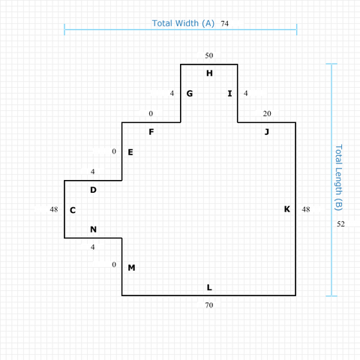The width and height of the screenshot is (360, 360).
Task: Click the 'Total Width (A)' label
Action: pos(183,23)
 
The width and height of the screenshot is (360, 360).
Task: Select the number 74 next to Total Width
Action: pos(224,23)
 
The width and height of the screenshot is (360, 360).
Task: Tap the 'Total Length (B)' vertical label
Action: pos(338,178)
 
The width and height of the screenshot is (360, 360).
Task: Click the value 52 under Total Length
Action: pos(340,223)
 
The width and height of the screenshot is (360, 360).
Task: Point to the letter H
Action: pos(209,73)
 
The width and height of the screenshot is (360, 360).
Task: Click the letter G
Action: pos(190,94)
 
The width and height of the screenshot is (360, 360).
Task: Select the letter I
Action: pos(229,94)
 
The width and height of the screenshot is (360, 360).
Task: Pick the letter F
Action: pos(151,132)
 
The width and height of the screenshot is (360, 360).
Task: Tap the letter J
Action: pos(267,132)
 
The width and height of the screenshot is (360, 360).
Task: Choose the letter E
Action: pos(130,152)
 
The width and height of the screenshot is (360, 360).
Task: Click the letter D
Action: pos(93,190)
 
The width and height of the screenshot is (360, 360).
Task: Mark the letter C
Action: pos(73,210)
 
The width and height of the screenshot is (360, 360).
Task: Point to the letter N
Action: pos(93,229)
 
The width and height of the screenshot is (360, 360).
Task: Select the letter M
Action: pos(131,268)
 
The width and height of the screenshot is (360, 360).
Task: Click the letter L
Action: pos(209,287)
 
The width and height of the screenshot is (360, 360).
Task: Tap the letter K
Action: pos(287,209)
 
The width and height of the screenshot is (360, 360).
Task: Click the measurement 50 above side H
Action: pos(209,55)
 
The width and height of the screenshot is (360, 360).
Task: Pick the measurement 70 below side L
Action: pos(209,305)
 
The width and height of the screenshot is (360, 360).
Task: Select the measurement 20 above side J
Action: pos(267,113)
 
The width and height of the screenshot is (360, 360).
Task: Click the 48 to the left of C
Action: pos(54,209)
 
